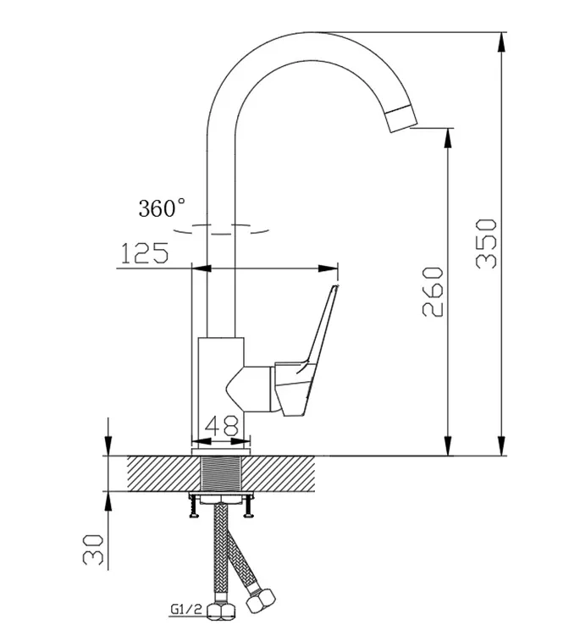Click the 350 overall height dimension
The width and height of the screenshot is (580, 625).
coord(487,243)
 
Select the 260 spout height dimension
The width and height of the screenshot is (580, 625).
coord(433,292)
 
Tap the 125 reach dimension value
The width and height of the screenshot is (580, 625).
coord(144,252)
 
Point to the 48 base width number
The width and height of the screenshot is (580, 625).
coord(222,426)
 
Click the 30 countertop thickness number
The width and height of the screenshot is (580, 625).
coord(93,550)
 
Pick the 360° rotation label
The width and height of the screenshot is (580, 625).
coord(162,208)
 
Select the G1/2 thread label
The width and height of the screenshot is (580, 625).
coord(186,609)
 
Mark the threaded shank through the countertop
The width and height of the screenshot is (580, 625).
coord(221,473)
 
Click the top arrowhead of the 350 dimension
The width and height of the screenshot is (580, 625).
coord(502,41)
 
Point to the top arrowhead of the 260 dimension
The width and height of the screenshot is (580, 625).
coord(448,138)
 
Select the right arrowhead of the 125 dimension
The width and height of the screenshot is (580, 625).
coord(328,268)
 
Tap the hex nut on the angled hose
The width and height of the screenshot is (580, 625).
coord(260,600)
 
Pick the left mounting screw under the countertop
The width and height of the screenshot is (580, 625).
coord(193,506)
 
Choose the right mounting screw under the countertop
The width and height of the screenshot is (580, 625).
coord(248,506)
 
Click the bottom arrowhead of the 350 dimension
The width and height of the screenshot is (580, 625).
coord(502,445)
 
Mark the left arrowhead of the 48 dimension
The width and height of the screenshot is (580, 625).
coord(202,441)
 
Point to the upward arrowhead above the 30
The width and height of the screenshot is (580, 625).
coord(108,501)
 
